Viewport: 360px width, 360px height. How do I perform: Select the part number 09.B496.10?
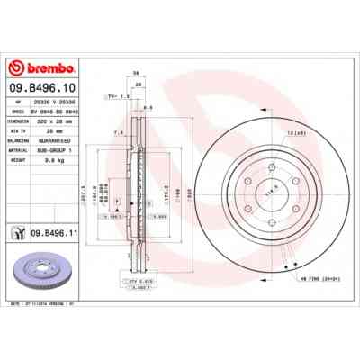40,89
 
